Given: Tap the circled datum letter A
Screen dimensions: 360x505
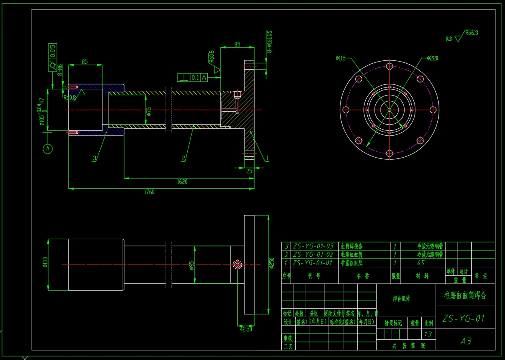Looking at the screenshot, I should [48, 149].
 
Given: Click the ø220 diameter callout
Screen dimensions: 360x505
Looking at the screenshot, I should [433, 58].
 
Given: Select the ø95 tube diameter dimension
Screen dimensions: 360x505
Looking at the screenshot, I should [191, 266].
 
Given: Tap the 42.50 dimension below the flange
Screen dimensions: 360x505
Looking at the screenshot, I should [246, 329].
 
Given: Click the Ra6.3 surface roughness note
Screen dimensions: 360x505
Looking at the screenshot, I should [471, 33].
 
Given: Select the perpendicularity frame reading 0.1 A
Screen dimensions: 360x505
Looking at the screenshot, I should [193, 78].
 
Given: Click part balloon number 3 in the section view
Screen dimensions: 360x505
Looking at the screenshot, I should [94, 158].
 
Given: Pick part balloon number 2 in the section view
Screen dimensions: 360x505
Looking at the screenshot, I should [184, 158].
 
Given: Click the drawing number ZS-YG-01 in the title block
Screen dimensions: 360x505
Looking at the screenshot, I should [463, 318].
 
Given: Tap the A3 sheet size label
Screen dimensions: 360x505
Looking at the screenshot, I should [465, 341].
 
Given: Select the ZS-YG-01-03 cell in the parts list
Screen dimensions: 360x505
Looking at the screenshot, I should [313, 246].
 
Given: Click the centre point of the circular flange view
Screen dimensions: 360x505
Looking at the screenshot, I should [389, 110].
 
